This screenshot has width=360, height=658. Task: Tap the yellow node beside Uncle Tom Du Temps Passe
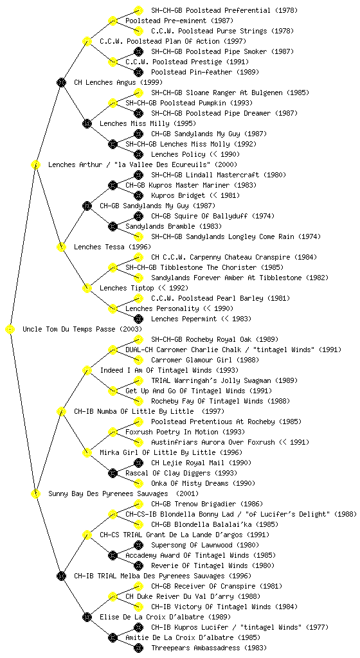point(10,330)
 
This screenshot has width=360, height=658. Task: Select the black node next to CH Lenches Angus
point(61,83)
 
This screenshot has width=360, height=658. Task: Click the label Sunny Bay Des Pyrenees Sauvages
point(108,494)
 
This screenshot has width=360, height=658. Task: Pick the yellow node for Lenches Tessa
point(61,247)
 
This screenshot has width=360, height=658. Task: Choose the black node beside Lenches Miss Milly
point(87,124)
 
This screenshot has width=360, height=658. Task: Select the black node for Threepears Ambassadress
point(138,648)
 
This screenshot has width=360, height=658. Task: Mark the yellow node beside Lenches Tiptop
point(87,289)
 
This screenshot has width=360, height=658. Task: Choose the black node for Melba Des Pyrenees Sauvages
point(61,576)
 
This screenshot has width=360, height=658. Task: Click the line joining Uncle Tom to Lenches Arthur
point(23,247)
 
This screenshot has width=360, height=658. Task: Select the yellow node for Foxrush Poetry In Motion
point(113,432)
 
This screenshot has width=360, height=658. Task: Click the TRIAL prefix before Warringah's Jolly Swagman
point(159,380)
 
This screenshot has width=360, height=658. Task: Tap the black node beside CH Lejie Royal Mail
point(138,463)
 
